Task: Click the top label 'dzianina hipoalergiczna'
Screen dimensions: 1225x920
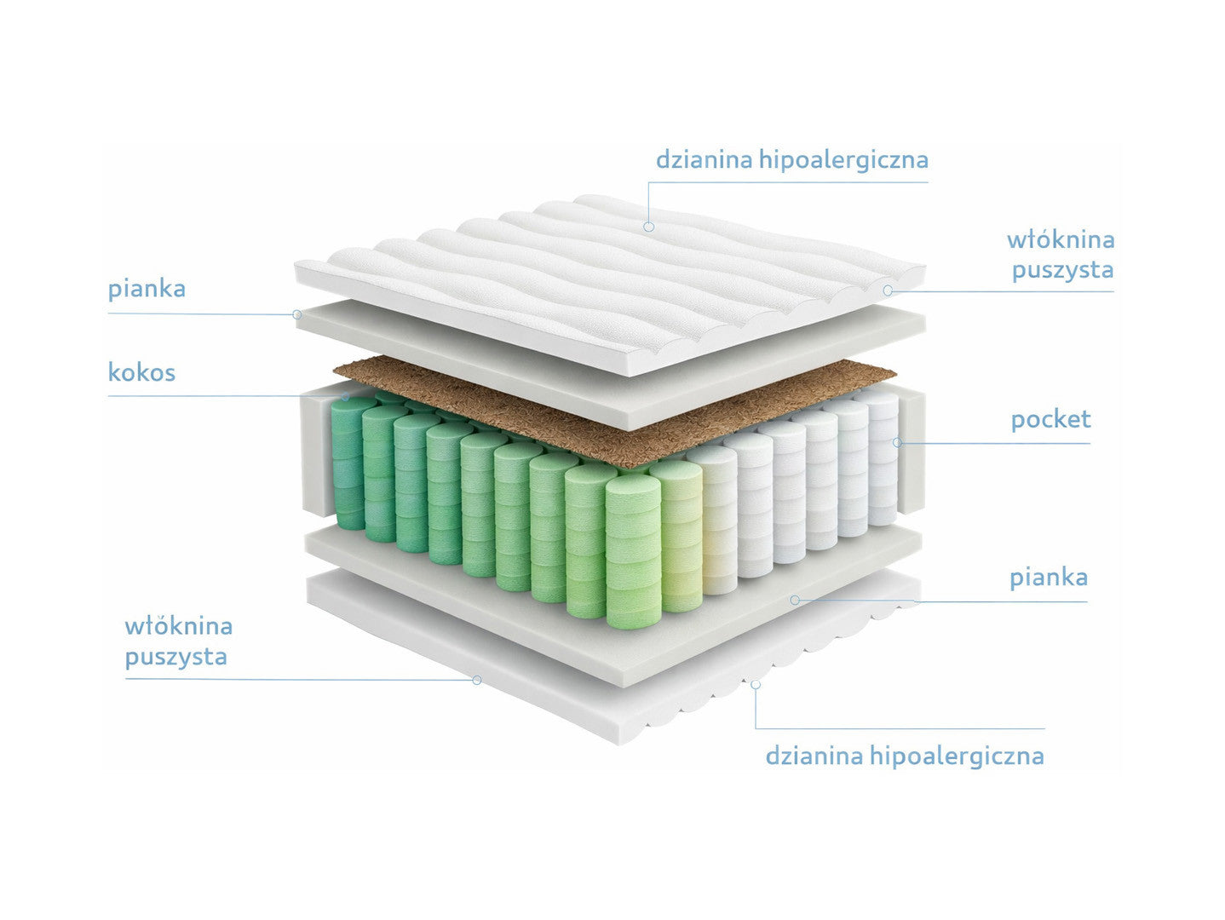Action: (791, 160)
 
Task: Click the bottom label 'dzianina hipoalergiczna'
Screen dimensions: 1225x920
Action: (904, 756)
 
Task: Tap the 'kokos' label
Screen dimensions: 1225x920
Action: (141, 372)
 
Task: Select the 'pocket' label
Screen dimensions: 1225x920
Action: (1051, 420)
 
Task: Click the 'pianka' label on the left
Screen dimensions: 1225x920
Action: (147, 289)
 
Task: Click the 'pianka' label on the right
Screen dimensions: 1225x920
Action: (1049, 578)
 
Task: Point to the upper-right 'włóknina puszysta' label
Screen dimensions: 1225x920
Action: (1061, 255)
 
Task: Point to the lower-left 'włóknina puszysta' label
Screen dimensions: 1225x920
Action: (179, 641)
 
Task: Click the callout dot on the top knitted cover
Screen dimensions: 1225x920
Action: (648, 227)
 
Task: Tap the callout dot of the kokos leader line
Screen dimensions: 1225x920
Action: (346, 397)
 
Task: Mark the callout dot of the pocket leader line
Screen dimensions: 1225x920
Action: (897, 442)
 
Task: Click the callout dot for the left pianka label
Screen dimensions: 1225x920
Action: (297, 314)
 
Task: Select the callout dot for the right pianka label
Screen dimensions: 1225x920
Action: (796, 601)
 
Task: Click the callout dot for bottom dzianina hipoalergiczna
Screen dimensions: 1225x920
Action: (756, 685)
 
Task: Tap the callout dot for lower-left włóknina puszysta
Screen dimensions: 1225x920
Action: (476, 680)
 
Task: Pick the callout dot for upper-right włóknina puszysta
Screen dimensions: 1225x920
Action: (888, 290)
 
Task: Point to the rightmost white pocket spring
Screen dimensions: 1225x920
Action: (882, 458)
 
